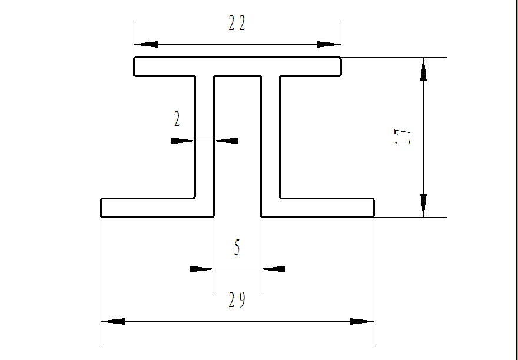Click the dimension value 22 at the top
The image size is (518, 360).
pyautogui.click(x=237, y=24)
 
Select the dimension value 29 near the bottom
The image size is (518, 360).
pyautogui.click(x=237, y=300)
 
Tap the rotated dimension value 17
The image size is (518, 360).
pyautogui.click(x=402, y=136)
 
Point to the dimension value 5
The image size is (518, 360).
pyautogui.click(x=237, y=248)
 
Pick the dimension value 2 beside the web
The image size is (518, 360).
pyautogui.click(x=177, y=119)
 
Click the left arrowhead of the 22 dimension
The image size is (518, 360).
pyautogui.click(x=146, y=44)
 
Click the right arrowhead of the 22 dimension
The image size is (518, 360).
pyautogui.click(x=328, y=44)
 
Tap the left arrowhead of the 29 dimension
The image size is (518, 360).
pyautogui.click(x=113, y=321)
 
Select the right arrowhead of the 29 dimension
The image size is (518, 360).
pyautogui.click(x=362, y=321)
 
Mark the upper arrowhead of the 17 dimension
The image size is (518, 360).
pyautogui.click(x=423, y=69)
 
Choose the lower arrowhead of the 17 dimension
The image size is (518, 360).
pyautogui.click(x=423, y=205)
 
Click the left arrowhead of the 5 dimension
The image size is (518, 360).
pyautogui.click(x=202, y=269)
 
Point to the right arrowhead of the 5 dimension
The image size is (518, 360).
pyautogui.click(x=273, y=269)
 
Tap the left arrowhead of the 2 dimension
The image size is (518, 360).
pyautogui.click(x=183, y=141)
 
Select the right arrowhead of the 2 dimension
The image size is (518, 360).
pyautogui.click(x=226, y=141)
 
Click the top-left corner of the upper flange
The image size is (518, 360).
pyautogui.click(x=134, y=58)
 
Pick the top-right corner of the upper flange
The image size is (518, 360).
pyautogui.click(x=341, y=58)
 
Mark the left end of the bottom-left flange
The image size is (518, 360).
pyautogui.click(x=101, y=208)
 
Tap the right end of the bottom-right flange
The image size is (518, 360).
pyautogui.click(x=374, y=208)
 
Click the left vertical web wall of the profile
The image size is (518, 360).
pyautogui.click(x=195, y=137)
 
